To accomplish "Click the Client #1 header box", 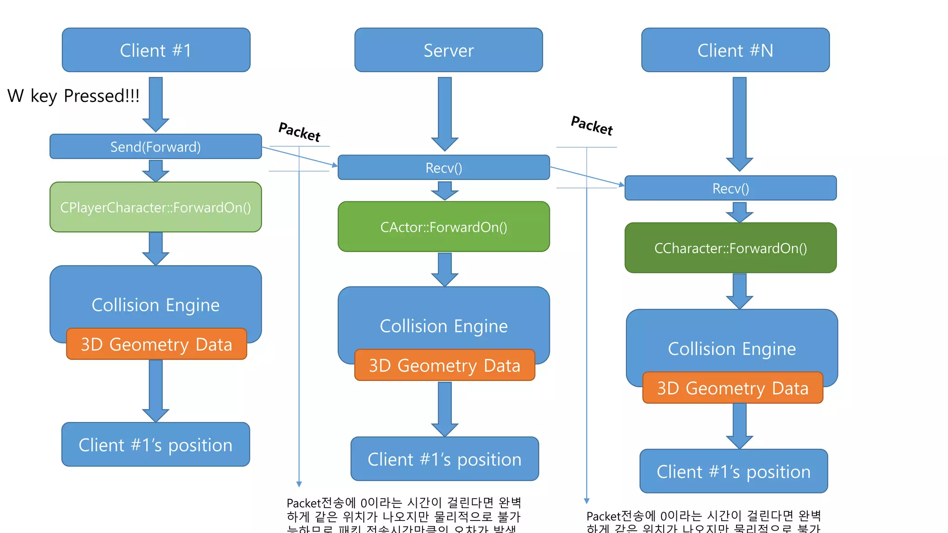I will coord(156,50).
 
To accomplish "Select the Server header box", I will coord(448,50).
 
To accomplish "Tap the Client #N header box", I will coord(735,50).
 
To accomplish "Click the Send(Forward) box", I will coord(156,147).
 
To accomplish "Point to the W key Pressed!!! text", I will coord(74,96).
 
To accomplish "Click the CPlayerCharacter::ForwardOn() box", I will coord(156,207).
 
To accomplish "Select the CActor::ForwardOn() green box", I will coord(443,227).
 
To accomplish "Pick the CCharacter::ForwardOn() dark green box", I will coord(730,248).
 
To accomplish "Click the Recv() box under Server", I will coord(443,167).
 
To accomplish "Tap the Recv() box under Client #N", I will coord(730,188).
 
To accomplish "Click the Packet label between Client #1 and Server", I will coord(299,132).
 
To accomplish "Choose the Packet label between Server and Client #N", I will coord(592,126).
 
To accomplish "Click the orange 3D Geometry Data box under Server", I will coord(444,366).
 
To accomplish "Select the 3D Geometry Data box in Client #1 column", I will coord(156,344).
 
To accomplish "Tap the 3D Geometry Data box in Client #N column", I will coord(732,388).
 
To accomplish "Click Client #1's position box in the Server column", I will coord(444,459).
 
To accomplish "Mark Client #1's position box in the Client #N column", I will coord(733,471).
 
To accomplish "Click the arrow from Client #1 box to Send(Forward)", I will coord(156,104).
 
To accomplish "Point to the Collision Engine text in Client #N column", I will coord(731,348).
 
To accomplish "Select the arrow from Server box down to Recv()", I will coord(444,113).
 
